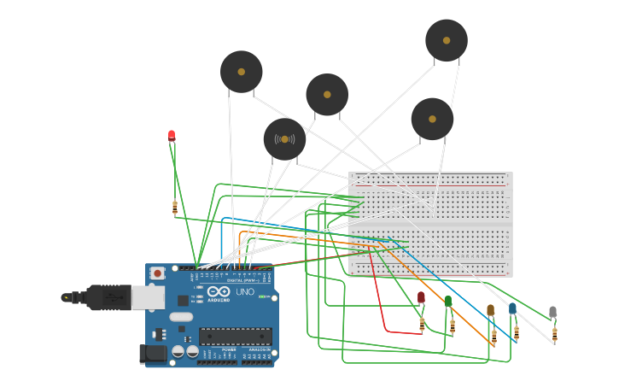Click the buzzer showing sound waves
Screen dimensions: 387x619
click(x=284, y=138)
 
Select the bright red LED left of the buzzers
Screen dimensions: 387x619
click(x=172, y=135)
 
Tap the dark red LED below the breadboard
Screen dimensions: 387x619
click(x=421, y=297)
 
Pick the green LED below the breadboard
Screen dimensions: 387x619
click(x=448, y=301)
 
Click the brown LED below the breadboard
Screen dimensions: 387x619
click(x=490, y=309)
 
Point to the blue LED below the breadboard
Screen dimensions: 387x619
click(x=512, y=308)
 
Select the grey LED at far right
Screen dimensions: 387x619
click(x=552, y=312)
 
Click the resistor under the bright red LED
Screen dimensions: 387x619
click(x=175, y=207)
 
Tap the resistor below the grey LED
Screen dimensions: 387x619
click(x=554, y=334)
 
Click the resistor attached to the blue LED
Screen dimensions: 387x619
click(x=516, y=332)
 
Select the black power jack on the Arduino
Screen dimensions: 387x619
click(x=153, y=354)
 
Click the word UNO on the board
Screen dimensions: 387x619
click(x=244, y=292)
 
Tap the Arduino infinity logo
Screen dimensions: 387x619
click(x=219, y=292)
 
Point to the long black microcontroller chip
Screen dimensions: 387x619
click(x=236, y=337)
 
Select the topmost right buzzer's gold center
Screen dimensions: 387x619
click(x=447, y=39)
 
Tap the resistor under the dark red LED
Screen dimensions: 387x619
click(x=422, y=324)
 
